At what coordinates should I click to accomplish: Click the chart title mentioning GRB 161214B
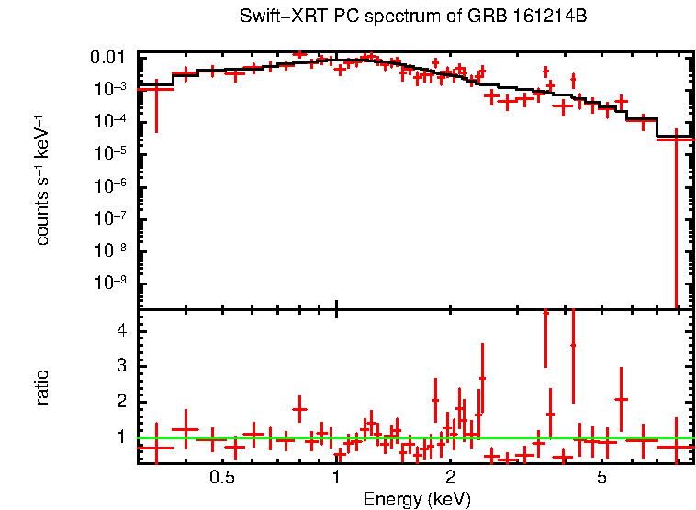point(412,17)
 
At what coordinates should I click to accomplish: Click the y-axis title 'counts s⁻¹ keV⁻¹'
point(43,182)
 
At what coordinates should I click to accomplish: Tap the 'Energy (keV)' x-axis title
point(416,499)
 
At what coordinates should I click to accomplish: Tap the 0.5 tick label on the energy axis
point(222,479)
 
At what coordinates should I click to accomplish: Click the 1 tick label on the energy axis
point(337,479)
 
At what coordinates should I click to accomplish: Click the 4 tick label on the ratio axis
point(121,329)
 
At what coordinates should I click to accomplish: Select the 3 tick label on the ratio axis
point(121,365)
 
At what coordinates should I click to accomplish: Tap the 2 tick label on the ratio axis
point(121,402)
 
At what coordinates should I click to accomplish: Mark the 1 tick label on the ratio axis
point(121,438)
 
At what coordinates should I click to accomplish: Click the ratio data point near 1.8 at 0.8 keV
point(299,409)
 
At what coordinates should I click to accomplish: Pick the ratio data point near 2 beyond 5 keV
point(622,399)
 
